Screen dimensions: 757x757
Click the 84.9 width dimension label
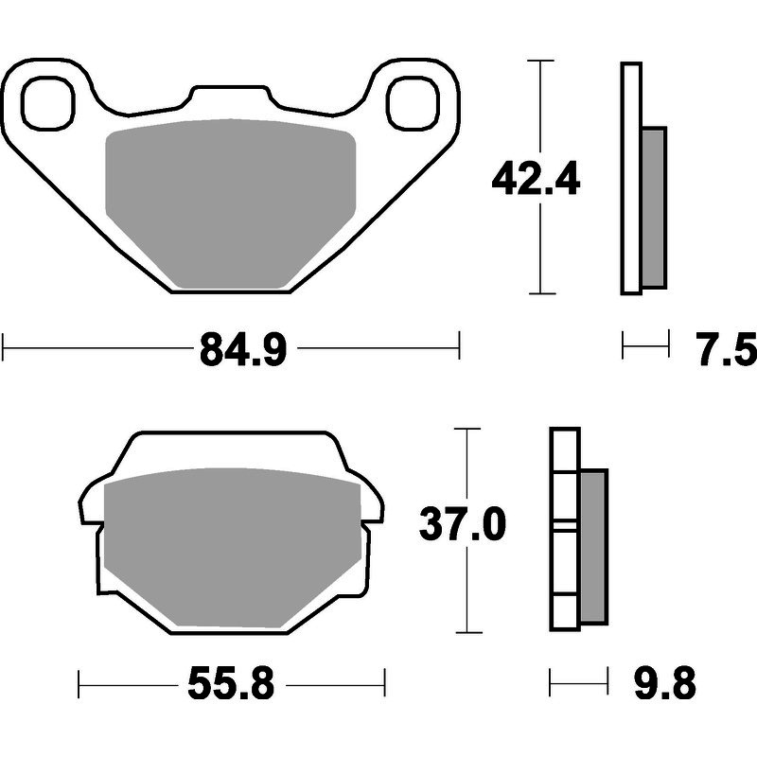[x=243, y=349]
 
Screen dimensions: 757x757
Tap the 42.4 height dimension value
[x=536, y=179]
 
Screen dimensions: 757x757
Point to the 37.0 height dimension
[x=463, y=525]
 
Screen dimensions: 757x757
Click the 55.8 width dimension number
[x=231, y=683]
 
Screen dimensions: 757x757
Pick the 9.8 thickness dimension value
[x=665, y=683]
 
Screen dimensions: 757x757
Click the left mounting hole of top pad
[x=48, y=103]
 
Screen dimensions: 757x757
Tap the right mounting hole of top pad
[x=413, y=103]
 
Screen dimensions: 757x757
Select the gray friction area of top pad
[x=231, y=202]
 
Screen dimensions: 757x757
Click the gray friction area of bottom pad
[x=232, y=547]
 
